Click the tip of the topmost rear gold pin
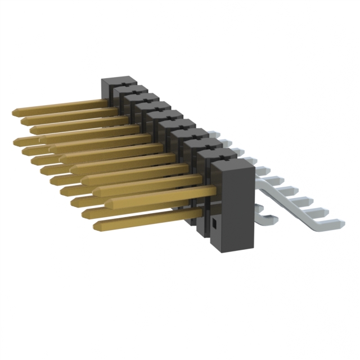pos(14,112)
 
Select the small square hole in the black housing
pos(214,225)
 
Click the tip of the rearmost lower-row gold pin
pos(16,140)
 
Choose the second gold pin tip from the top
pos(24,121)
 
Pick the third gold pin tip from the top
pos(34,130)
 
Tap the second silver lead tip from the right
pos(325,211)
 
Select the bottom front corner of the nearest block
pos(213,247)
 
